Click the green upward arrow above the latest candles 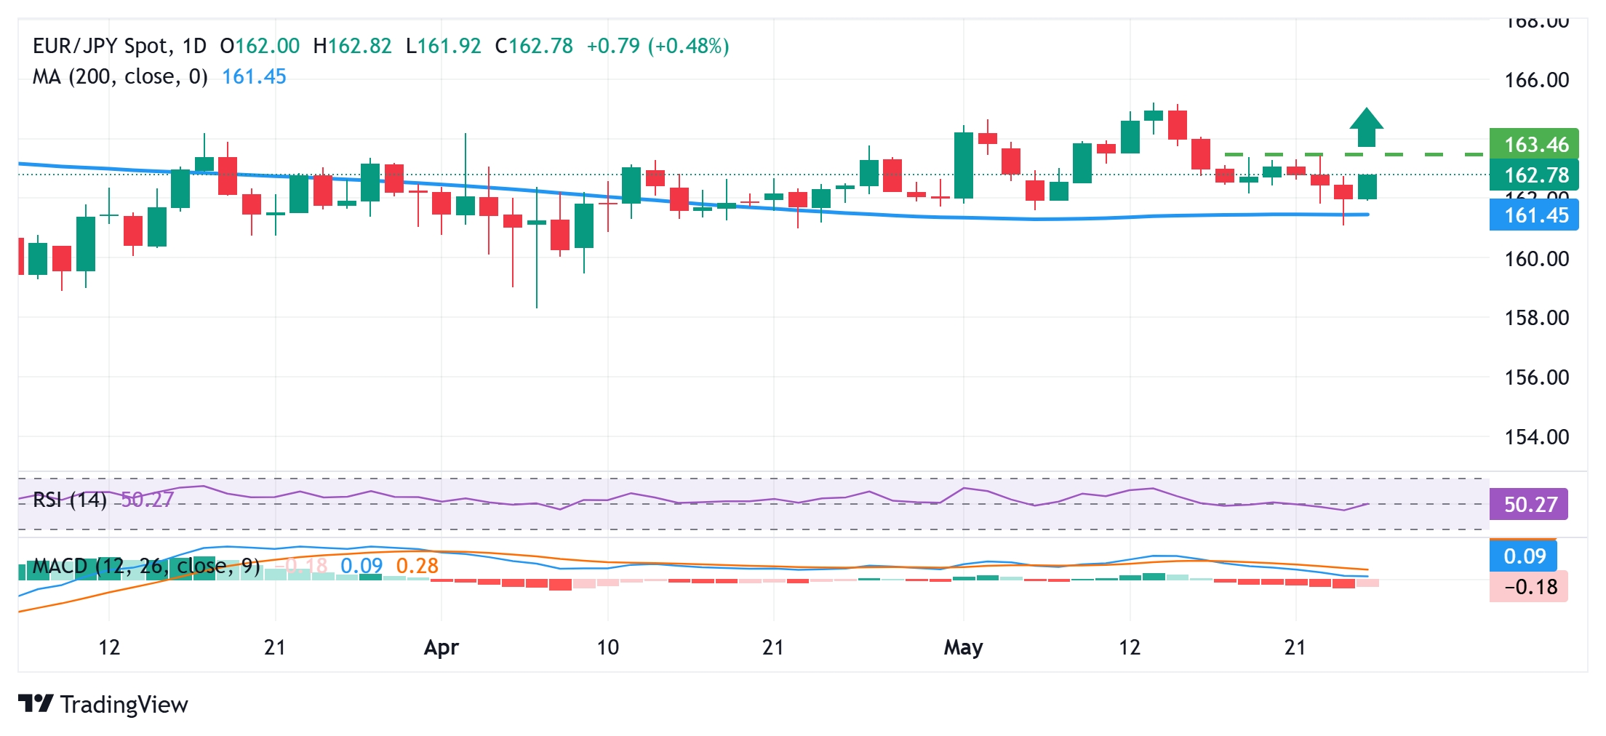pyautogui.click(x=1366, y=127)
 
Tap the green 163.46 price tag pyautogui.click(x=1534, y=144)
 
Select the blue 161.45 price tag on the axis pyautogui.click(x=1534, y=215)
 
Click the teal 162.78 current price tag pyautogui.click(x=1534, y=175)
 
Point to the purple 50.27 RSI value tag pyautogui.click(x=1528, y=504)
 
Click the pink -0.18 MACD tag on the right pyautogui.click(x=1528, y=587)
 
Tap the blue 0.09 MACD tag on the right pyautogui.click(x=1523, y=556)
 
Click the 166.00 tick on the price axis pyautogui.click(x=1536, y=80)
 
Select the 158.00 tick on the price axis pyautogui.click(x=1536, y=318)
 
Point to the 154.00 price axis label pyautogui.click(x=1536, y=437)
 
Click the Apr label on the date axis pyautogui.click(x=441, y=647)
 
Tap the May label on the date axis pyautogui.click(x=963, y=647)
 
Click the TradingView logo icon pyautogui.click(x=35, y=704)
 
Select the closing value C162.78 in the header pyautogui.click(x=534, y=46)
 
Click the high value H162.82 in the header pyautogui.click(x=352, y=46)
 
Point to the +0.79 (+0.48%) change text pyautogui.click(x=658, y=46)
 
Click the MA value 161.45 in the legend pyautogui.click(x=254, y=76)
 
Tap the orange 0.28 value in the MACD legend pyautogui.click(x=417, y=566)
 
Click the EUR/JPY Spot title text pyautogui.click(x=101, y=46)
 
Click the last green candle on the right pyautogui.click(x=1367, y=187)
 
